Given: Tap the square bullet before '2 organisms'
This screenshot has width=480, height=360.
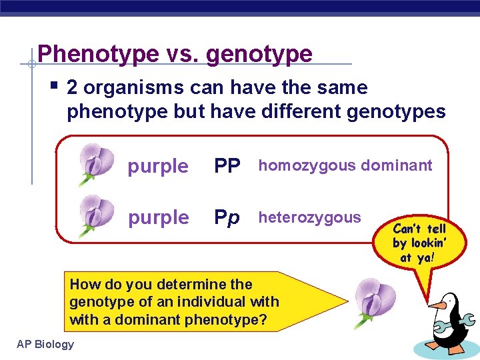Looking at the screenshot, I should [x=55, y=86].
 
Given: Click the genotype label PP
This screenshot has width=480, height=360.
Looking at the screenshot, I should [x=227, y=166].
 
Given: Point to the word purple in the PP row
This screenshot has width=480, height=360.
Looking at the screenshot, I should [x=158, y=167].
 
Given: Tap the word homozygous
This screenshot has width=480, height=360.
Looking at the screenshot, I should [x=299, y=165].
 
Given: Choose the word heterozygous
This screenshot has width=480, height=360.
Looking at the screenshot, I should [x=309, y=217].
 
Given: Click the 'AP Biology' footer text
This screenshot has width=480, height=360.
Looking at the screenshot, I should [x=45, y=344].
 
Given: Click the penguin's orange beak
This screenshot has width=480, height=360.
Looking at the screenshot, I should [x=437, y=306].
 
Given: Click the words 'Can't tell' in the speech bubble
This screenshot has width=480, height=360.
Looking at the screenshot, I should [x=419, y=229].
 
